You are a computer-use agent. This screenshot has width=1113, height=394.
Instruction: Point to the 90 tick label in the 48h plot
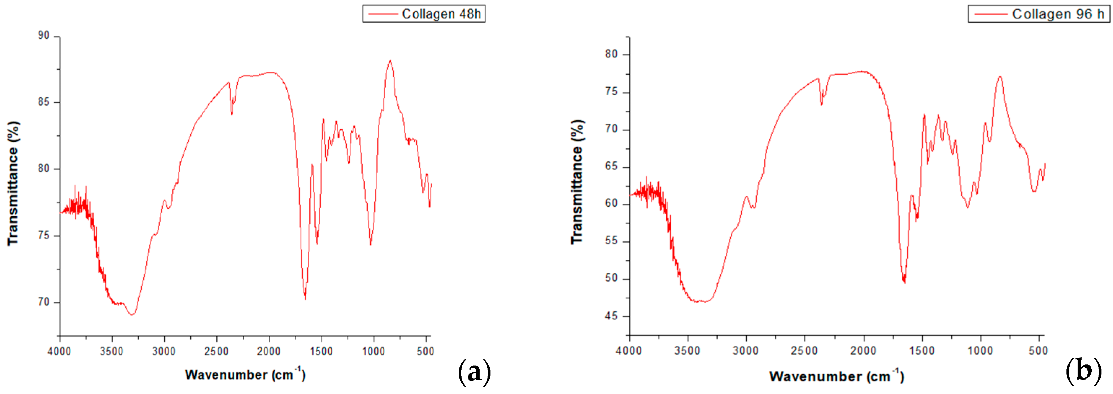44,35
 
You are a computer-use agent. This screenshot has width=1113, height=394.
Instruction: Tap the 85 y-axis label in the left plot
44,102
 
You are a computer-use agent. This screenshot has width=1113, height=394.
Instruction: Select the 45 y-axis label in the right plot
611,316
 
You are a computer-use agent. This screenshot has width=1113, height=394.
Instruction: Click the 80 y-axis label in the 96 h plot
611,54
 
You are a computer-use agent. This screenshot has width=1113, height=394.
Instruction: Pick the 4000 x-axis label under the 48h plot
59,351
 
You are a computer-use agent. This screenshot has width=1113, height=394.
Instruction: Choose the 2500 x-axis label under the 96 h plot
804,350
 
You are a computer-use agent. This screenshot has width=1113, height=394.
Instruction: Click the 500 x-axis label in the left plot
425,351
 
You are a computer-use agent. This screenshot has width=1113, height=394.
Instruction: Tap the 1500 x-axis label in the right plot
922,350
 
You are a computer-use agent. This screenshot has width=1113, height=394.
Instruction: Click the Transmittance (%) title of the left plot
13,183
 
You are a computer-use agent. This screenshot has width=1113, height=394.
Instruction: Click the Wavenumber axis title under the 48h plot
245,374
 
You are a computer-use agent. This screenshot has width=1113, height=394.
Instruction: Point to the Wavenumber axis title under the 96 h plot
837,376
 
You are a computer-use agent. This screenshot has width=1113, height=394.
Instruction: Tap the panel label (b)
1083,371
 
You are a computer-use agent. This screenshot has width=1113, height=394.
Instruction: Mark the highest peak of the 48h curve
390,61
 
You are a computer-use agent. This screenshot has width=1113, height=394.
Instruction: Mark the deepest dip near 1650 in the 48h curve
305,298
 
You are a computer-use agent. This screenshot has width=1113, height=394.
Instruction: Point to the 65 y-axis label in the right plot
611,167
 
